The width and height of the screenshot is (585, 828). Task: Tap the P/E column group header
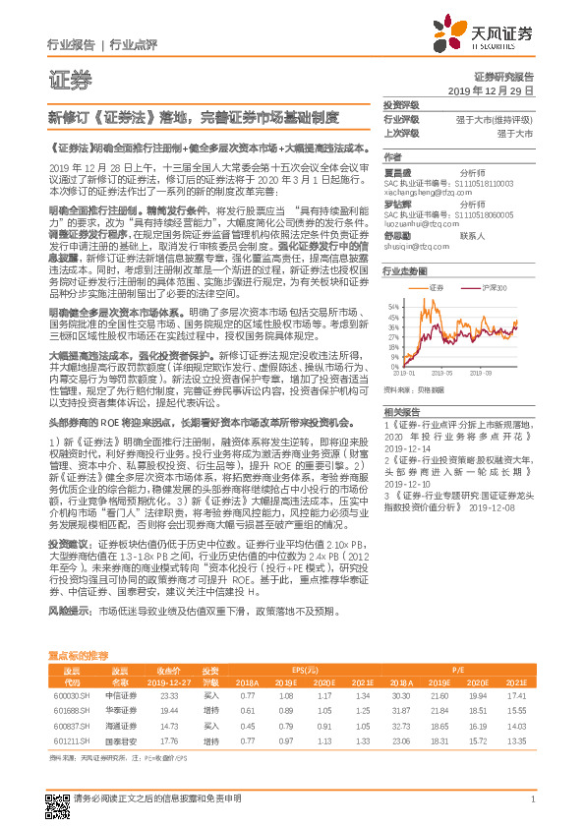tap(457, 669)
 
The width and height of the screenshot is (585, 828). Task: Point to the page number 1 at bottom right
tap(532, 798)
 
